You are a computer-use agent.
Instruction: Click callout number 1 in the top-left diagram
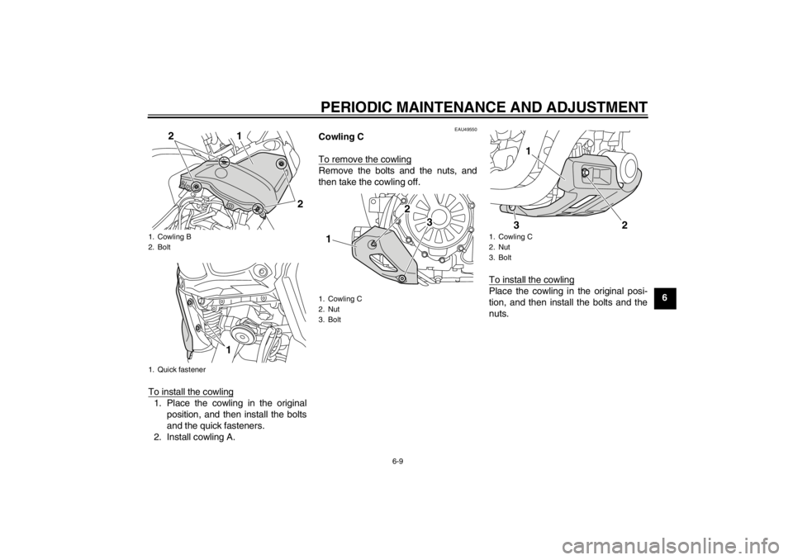click(239, 135)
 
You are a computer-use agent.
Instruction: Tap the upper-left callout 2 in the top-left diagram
click(170, 135)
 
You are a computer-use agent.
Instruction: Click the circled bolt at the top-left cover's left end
click(195, 189)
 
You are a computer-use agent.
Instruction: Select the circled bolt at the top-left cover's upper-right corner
click(283, 164)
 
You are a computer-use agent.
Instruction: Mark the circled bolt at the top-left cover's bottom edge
click(258, 208)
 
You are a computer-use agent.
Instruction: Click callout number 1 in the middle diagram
click(330, 239)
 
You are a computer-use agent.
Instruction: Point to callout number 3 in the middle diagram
click(430, 223)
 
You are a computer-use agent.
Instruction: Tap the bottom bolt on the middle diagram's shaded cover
click(401, 281)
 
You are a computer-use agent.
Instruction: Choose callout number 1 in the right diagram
click(526, 152)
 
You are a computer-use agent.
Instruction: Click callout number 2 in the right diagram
click(625, 225)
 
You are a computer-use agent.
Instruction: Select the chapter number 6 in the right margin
click(665, 297)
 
